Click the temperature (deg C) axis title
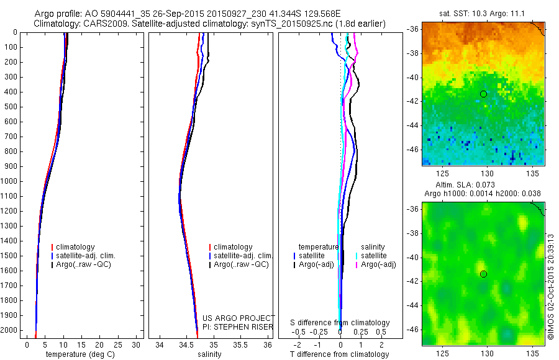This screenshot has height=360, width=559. click(x=78, y=354)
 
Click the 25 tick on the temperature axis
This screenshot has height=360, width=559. click(x=117, y=344)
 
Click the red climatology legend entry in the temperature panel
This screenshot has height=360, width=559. click(x=75, y=247)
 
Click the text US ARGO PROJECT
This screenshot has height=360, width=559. click(x=239, y=318)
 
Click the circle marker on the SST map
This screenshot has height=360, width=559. click(x=483, y=94)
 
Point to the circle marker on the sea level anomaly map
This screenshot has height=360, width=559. click(x=483, y=274)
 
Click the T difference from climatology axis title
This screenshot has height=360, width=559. click(x=339, y=354)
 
